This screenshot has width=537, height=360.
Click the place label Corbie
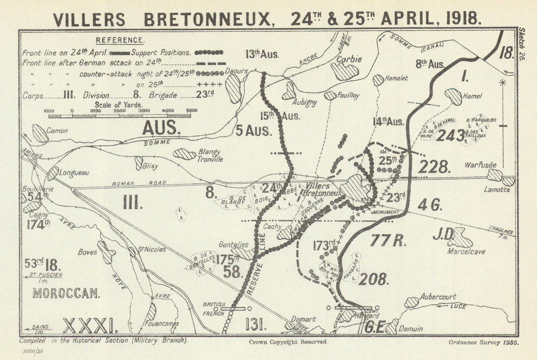(x=349, y=60)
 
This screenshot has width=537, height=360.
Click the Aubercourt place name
(x=438, y=296)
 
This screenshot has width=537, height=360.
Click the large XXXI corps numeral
(x=89, y=325)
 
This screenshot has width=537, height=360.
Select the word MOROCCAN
(x=66, y=293)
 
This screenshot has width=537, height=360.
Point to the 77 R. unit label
(x=389, y=240)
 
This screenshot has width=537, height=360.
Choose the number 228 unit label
(x=433, y=167)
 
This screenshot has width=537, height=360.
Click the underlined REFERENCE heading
(x=119, y=40)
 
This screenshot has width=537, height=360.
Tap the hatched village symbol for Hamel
(x=453, y=97)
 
